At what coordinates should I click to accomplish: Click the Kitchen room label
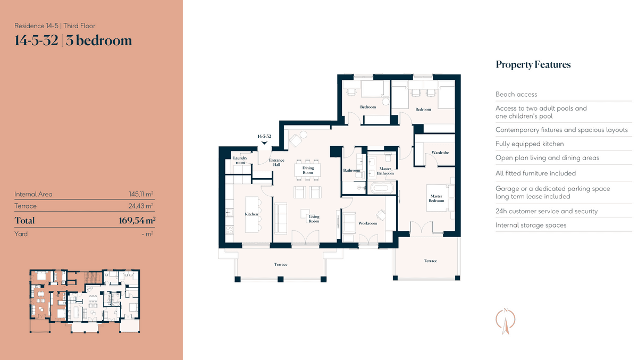[251, 214]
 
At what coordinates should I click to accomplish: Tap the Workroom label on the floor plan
[367, 223]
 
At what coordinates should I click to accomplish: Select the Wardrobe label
[440, 153]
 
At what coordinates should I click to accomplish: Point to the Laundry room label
[240, 161]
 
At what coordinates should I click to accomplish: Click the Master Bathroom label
[385, 171]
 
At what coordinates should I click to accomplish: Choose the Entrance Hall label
[276, 162]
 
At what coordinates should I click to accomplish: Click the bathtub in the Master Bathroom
[382, 188]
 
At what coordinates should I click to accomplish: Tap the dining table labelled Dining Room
[308, 170]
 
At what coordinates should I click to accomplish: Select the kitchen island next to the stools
[251, 214]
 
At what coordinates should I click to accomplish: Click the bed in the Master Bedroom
[438, 198]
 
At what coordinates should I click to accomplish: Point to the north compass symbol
[506, 321]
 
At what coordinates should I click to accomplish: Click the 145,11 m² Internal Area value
[141, 194]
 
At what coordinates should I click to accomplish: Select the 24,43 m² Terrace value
[141, 206]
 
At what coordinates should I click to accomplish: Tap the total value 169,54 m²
[137, 221]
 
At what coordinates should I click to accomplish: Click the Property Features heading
[533, 65]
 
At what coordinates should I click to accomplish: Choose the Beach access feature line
[516, 94]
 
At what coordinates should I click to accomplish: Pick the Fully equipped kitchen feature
[530, 144]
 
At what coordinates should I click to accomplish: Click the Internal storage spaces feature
[531, 225]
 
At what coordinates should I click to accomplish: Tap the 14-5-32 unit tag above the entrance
[264, 137]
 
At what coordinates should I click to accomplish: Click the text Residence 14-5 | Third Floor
[55, 26]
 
